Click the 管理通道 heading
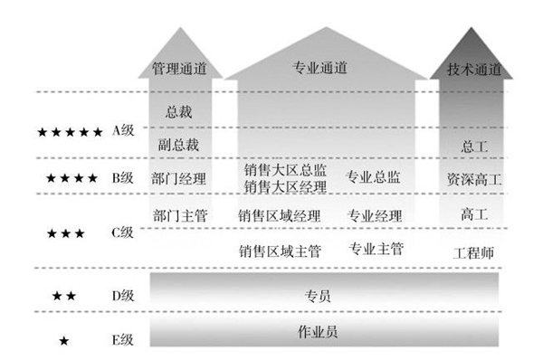coord(179,68)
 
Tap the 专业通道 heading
coord(321,68)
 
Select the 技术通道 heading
coord(474,68)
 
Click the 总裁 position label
coord(178,113)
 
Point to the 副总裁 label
coord(178,145)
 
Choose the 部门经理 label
coord(179,178)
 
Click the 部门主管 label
coord(179,216)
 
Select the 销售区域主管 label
coord(280,251)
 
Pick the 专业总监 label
coord(374,178)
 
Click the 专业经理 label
coord(374,216)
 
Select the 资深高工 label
coord(474,178)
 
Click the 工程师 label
coord(473,252)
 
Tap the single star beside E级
coord(63,341)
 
